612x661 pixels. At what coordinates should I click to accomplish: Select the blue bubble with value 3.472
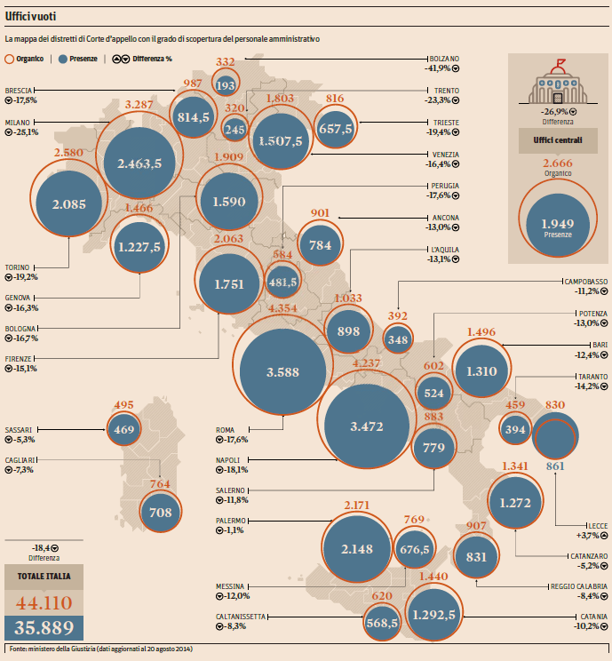point(367,426)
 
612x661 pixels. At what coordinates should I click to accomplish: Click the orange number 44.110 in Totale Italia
point(44,604)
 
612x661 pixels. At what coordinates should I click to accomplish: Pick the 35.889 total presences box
point(44,627)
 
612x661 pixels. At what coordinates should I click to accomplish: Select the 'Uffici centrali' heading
point(558,140)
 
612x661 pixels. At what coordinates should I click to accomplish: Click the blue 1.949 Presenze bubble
point(557,227)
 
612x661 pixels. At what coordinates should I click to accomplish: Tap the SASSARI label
point(19,429)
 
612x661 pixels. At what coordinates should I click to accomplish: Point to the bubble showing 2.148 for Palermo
point(358,548)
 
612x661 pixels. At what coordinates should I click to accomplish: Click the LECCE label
point(595,526)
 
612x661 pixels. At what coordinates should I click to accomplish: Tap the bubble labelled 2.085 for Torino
point(69,203)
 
